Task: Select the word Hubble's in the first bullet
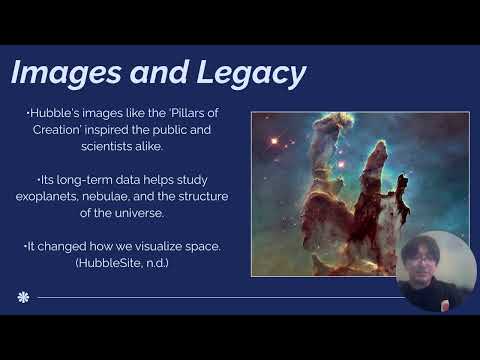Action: (x=52, y=117)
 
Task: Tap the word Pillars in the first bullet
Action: (x=184, y=117)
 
